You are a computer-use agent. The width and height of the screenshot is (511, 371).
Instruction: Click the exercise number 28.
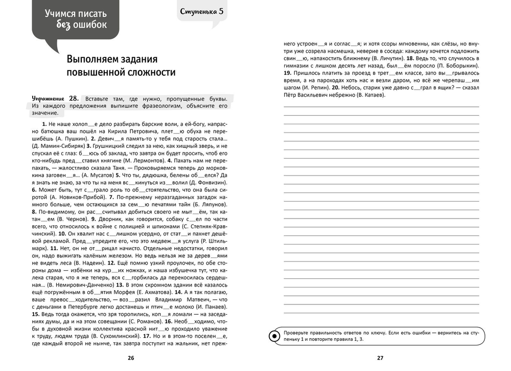point(74,98)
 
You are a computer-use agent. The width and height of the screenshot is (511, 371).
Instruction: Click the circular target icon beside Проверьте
point(274,336)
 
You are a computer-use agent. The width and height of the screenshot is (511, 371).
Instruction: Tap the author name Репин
point(304,88)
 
